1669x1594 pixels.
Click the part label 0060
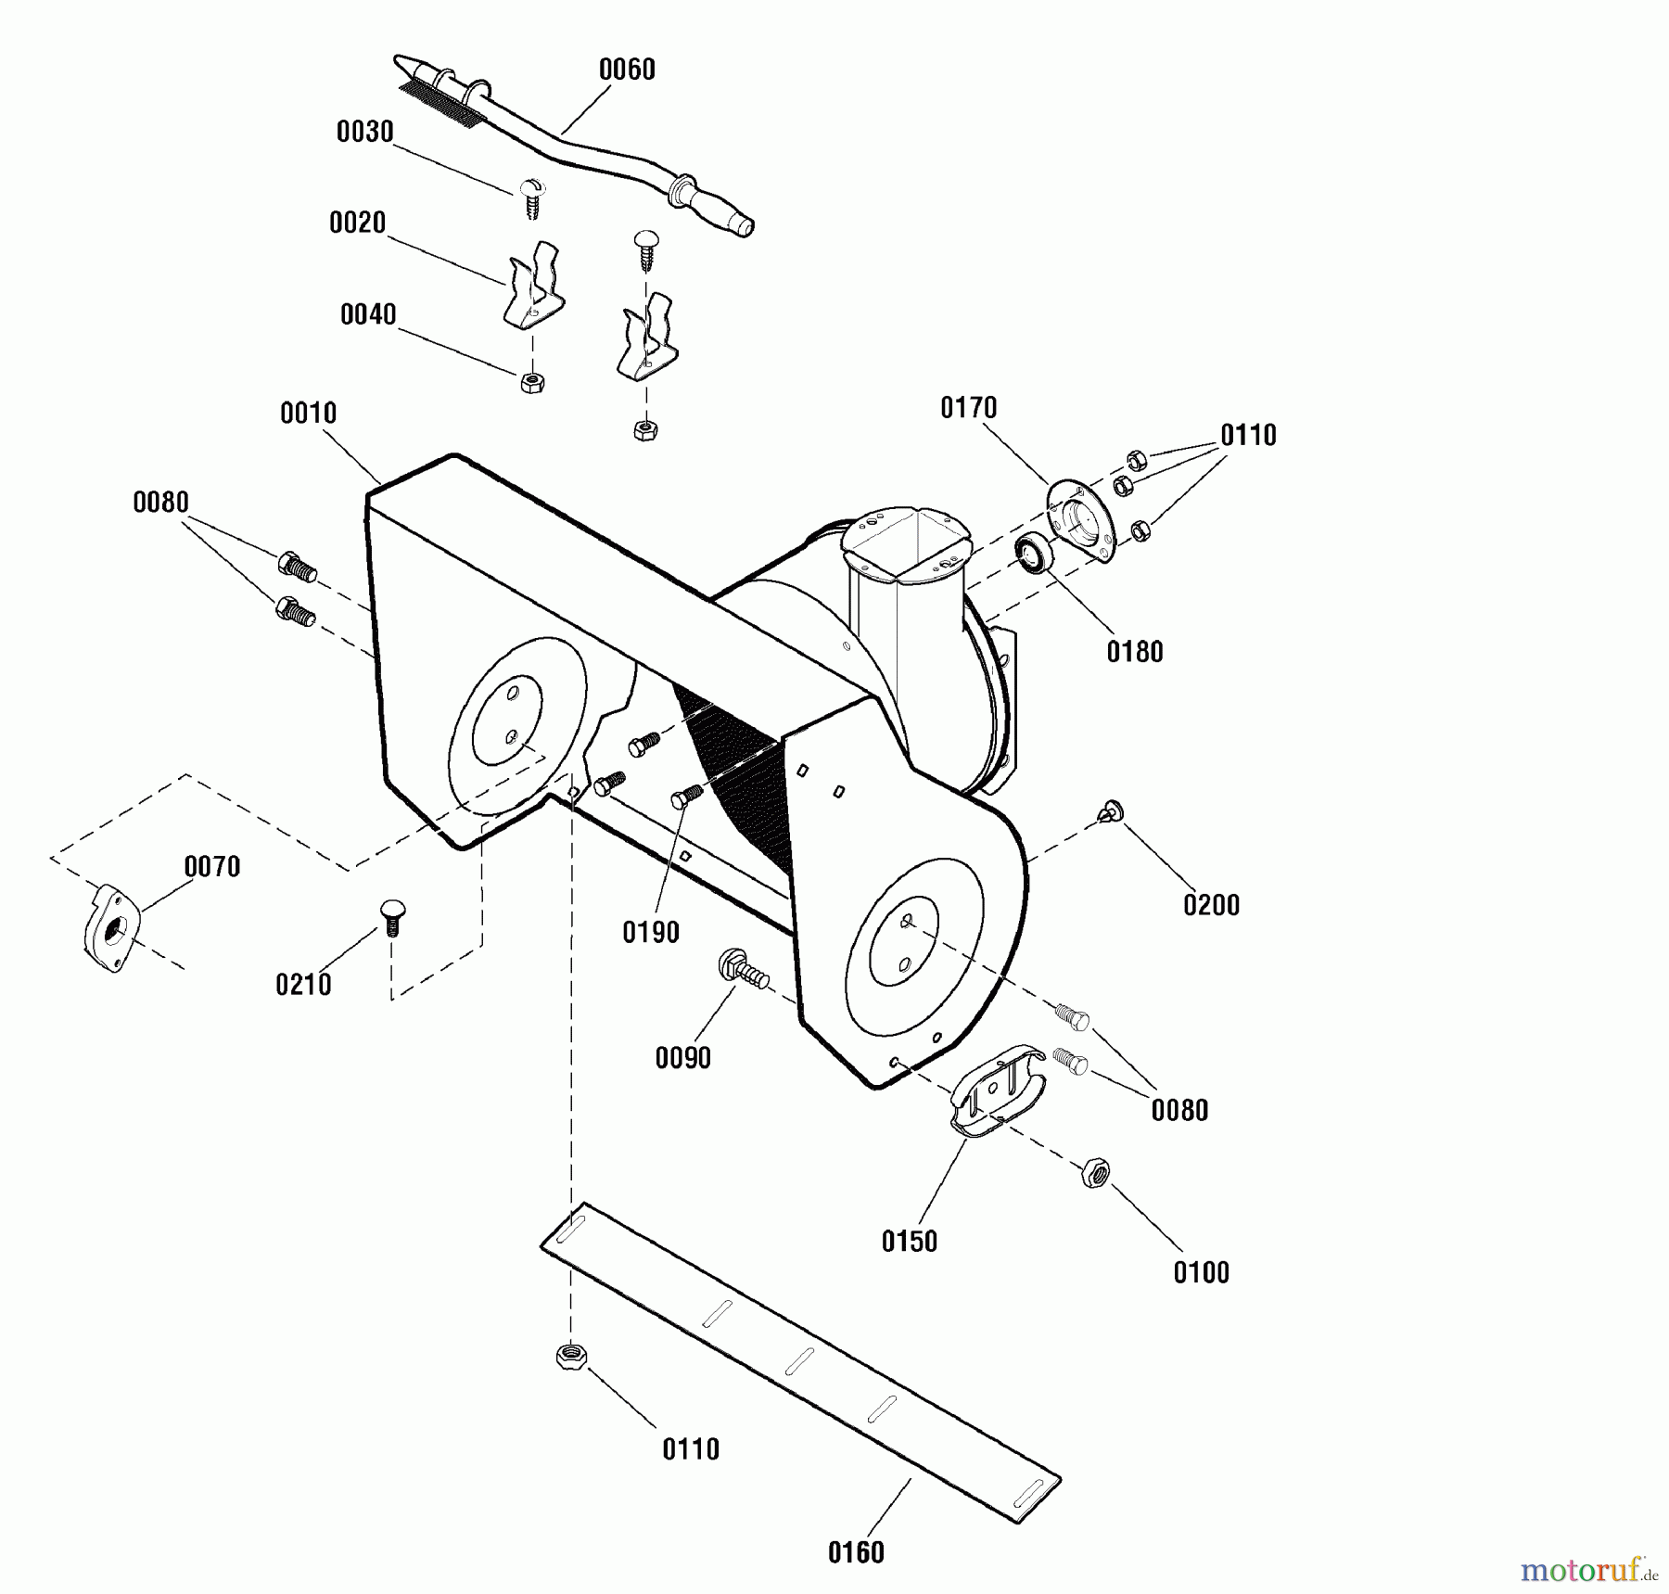[x=627, y=70]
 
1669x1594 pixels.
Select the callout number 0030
[x=364, y=132]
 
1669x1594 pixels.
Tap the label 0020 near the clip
[x=357, y=223]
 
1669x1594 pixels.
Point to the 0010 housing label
[x=308, y=414]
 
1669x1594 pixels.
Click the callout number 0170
[x=968, y=408]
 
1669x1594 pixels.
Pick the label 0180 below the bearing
[x=1135, y=652]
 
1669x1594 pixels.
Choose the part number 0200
[x=1211, y=905]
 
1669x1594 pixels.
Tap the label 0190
[x=651, y=933]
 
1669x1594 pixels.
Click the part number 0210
[x=303, y=985]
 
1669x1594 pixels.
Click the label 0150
[x=910, y=1242]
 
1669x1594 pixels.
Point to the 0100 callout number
[x=1202, y=1273]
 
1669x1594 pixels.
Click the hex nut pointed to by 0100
[x=1095, y=1172]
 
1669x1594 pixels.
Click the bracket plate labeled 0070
[x=112, y=927]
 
